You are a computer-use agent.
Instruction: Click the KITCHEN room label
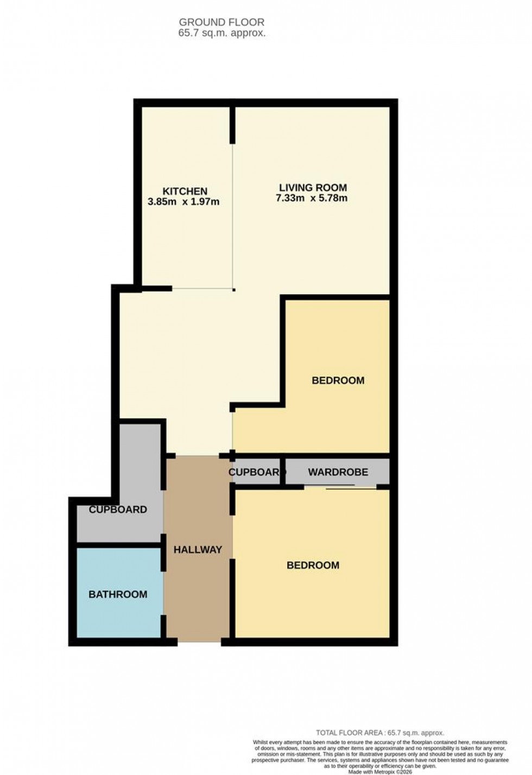pos(185,191)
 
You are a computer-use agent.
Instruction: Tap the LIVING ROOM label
pos(312,188)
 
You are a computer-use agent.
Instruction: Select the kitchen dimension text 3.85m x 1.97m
pos(183,202)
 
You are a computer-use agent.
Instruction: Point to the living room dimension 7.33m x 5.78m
pos(312,198)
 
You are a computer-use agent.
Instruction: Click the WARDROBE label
pos(338,472)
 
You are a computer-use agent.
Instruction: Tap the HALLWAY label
pos(198,550)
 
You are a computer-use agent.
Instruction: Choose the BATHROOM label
pos(118,594)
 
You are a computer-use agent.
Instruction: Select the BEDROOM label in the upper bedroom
pos(338,380)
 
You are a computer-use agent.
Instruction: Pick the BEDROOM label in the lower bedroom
pos(313,565)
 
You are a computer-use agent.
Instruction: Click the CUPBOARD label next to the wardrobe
pos(254,472)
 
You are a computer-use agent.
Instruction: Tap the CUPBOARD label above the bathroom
pos(118,510)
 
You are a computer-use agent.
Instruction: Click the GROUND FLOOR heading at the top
pos(221,22)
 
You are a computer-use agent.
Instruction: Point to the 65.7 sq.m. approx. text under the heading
pos(221,33)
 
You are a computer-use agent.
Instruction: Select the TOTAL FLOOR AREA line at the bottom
pos(380,733)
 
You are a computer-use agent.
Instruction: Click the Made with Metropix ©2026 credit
pos(380,772)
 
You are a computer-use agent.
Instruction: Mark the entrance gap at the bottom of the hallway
pos(199,642)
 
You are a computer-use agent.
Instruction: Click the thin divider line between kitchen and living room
pos(233,217)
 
